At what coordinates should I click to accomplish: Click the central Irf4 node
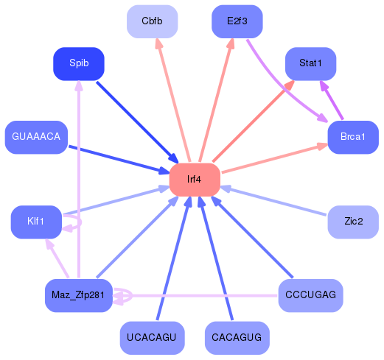point(195,180)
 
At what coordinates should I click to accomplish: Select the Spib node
point(79,64)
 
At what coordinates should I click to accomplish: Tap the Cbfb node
point(152,21)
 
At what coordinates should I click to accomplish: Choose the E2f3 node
point(237,21)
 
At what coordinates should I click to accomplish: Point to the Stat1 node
point(310,64)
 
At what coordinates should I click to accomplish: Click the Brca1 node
point(353,138)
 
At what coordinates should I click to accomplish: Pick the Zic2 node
point(353,222)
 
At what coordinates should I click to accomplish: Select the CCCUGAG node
point(310,295)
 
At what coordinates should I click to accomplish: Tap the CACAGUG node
point(237,338)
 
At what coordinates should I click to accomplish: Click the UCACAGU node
point(152,338)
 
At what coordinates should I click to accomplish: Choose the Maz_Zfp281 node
point(79,295)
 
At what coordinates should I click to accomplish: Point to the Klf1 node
point(36,222)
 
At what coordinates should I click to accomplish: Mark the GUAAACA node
point(36,138)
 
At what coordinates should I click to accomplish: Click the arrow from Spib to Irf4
point(136,121)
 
